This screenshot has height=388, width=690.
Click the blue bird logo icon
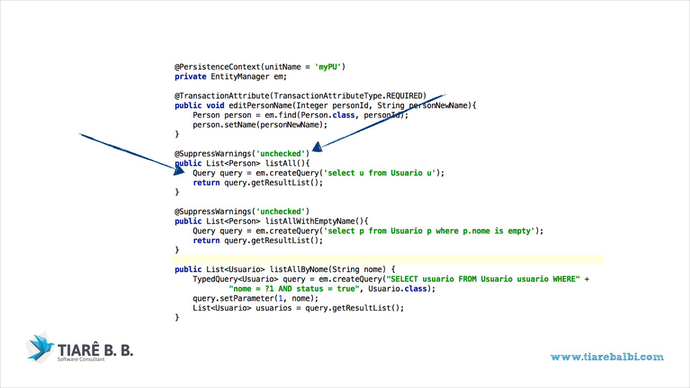tap(40, 346)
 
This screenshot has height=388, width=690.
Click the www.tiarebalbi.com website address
tap(606, 357)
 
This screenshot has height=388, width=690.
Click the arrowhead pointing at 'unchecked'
tap(317, 144)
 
